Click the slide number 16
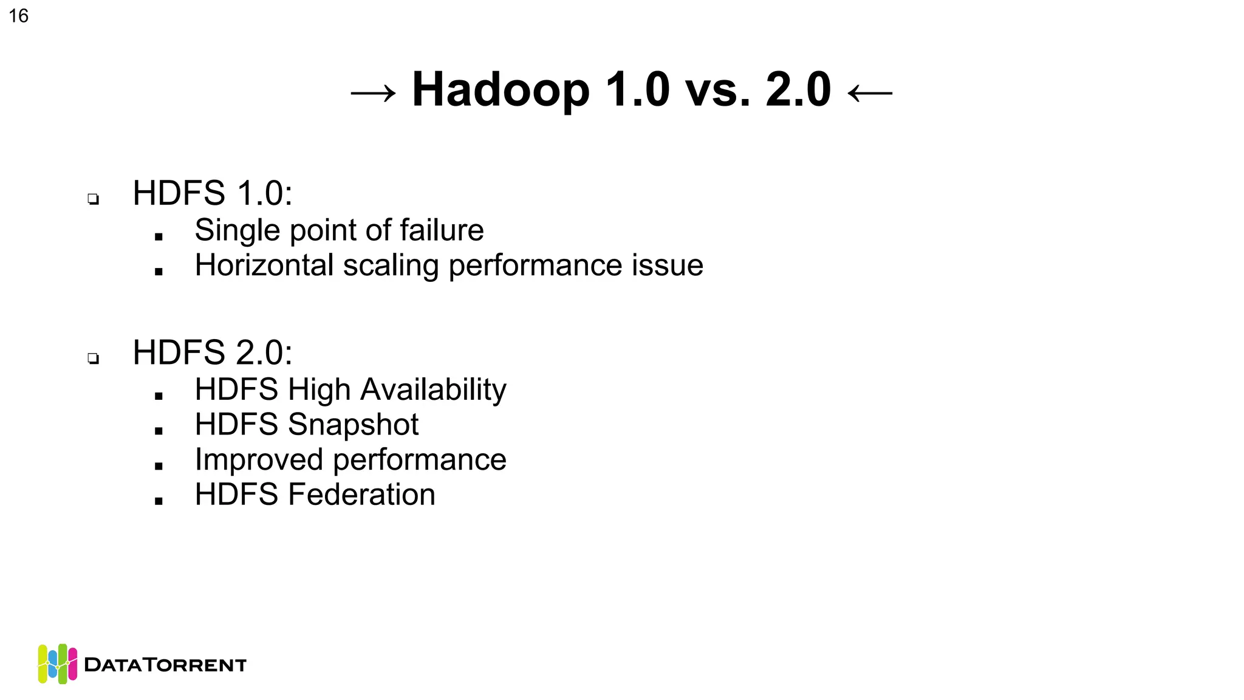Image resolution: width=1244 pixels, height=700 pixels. (19, 16)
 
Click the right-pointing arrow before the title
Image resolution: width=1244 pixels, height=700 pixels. (374, 93)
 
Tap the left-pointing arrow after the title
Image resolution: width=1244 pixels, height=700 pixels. (870, 93)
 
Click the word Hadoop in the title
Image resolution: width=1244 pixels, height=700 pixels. (501, 90)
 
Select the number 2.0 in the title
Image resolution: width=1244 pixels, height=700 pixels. (798, 90)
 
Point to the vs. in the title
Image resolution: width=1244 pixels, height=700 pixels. (717, 91)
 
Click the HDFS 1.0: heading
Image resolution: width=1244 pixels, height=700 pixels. (213, 193)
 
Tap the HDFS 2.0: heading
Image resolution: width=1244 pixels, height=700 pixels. (213, 352)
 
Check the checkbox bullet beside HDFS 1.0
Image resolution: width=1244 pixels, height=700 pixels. (93, 199)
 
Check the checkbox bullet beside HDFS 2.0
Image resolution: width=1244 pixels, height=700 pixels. (93, 358)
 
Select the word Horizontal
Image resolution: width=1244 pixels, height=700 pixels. (265, 266)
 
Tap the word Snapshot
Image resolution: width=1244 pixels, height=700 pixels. (353, 425)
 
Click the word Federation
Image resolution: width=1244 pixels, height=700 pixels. (361, 495)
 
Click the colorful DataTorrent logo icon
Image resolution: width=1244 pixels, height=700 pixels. (58, 664)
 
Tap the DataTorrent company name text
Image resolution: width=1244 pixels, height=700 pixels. (165, 665)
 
